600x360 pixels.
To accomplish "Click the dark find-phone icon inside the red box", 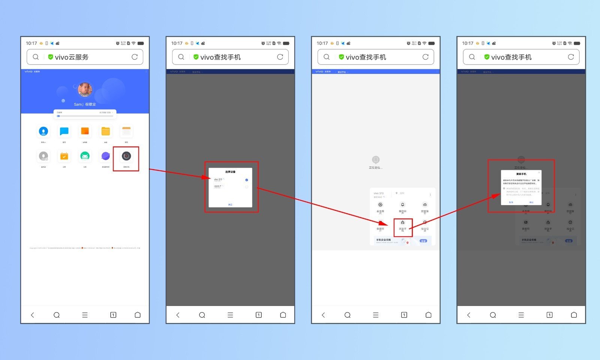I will point(126,156).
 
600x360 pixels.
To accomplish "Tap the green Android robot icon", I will point(85,156).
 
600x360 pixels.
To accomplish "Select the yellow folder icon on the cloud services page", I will point(106,131).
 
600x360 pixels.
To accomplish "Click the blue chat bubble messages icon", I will point(64,131).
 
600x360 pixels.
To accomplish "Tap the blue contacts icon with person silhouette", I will point(43,131).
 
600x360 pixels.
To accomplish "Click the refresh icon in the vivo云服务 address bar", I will point(135,57).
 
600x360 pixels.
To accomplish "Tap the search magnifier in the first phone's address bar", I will point(36,57).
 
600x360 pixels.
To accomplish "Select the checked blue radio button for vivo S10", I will point(246,180).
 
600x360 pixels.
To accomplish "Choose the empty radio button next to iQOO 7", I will point(246,187).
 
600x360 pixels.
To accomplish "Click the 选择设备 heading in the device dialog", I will point(230,172).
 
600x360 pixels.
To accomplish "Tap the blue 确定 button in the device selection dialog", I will point(230,204).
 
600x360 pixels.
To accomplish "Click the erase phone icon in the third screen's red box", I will point(403,223).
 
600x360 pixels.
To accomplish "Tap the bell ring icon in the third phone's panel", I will point(403,205).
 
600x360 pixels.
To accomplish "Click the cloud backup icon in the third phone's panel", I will point(425,205).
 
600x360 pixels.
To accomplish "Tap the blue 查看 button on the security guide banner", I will point(423,241).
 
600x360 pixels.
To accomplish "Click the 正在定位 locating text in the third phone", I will point(375,168).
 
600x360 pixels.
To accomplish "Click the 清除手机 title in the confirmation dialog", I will point(521,174).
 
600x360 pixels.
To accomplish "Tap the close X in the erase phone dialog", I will point(539,172).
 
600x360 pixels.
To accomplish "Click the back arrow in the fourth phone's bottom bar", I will point(469,315).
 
